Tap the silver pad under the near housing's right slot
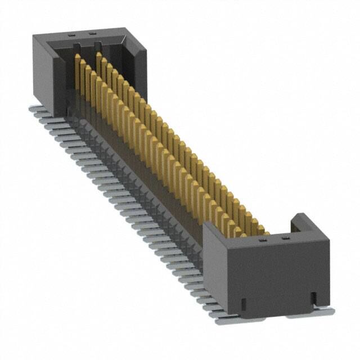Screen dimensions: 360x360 click(x=312, y=312)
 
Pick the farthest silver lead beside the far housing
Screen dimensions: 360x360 click(x=34, y=108)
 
